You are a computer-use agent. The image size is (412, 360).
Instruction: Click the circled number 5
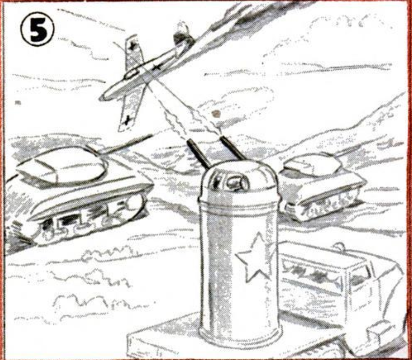37,29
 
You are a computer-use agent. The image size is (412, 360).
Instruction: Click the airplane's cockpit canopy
131,74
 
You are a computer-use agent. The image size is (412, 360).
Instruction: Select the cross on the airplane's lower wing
127,120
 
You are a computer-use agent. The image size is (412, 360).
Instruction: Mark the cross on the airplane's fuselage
157,67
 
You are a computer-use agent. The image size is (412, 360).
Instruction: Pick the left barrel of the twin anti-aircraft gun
198,154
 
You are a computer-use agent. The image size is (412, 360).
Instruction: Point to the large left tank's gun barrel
126,144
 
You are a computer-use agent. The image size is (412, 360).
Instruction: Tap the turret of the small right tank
312,164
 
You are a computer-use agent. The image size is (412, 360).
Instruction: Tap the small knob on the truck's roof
338,247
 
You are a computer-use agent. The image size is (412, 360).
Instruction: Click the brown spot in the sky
216,113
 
